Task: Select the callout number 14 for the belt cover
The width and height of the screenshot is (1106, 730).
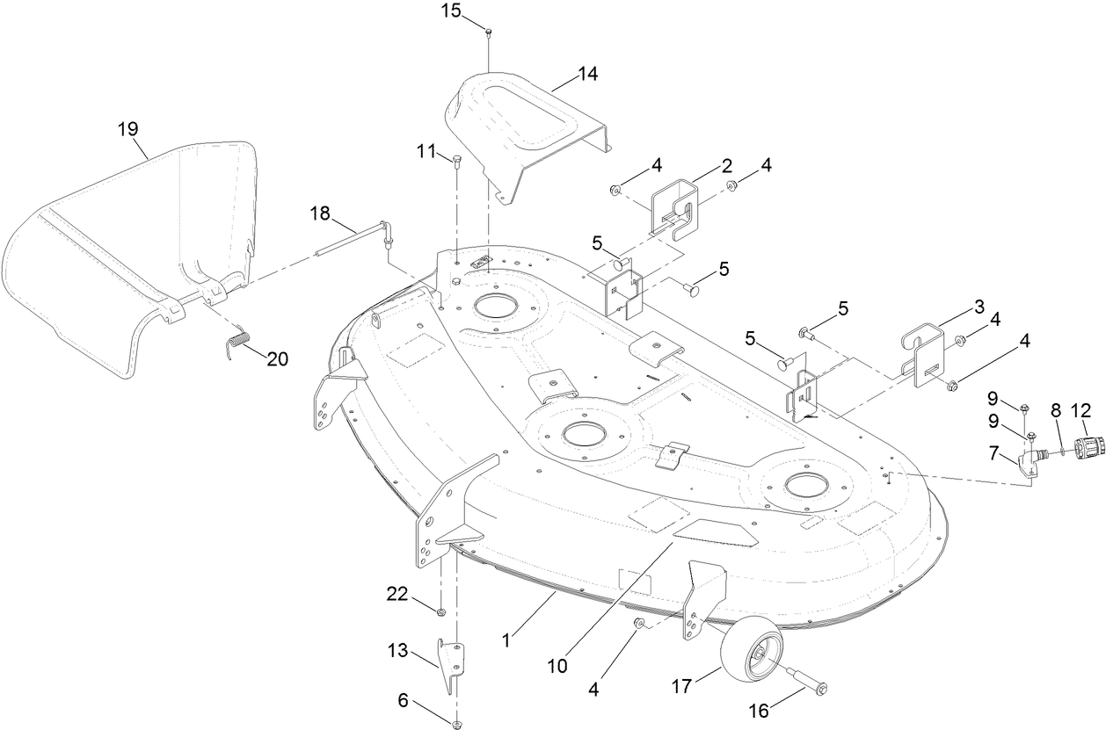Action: (x=587, y=75)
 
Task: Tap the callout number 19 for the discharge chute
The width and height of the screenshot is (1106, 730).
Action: (x=128, y=129)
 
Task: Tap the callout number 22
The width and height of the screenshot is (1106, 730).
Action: (x=397, y=595)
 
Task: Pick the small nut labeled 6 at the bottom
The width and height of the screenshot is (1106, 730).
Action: (x=456, y=724)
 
